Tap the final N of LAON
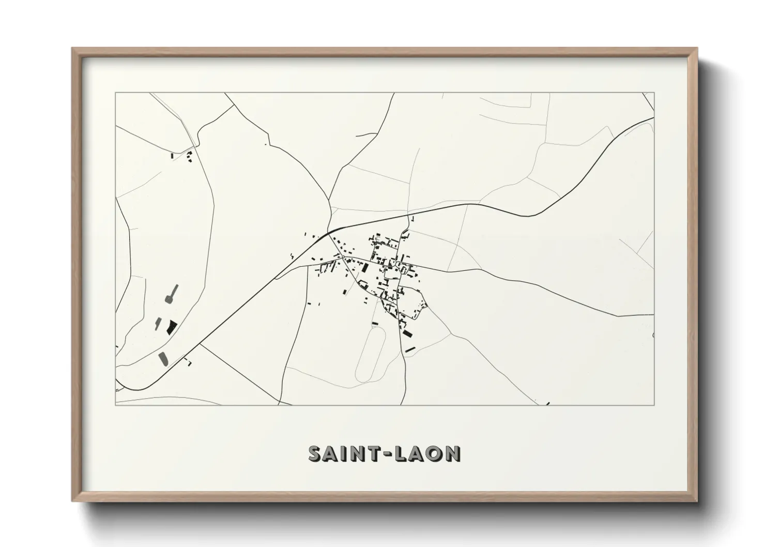coord(453,454)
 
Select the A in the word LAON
coord(418,454)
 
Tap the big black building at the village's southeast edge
coord(408,333)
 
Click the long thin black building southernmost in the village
coord(410,350)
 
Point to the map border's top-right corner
coord(654,93)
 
